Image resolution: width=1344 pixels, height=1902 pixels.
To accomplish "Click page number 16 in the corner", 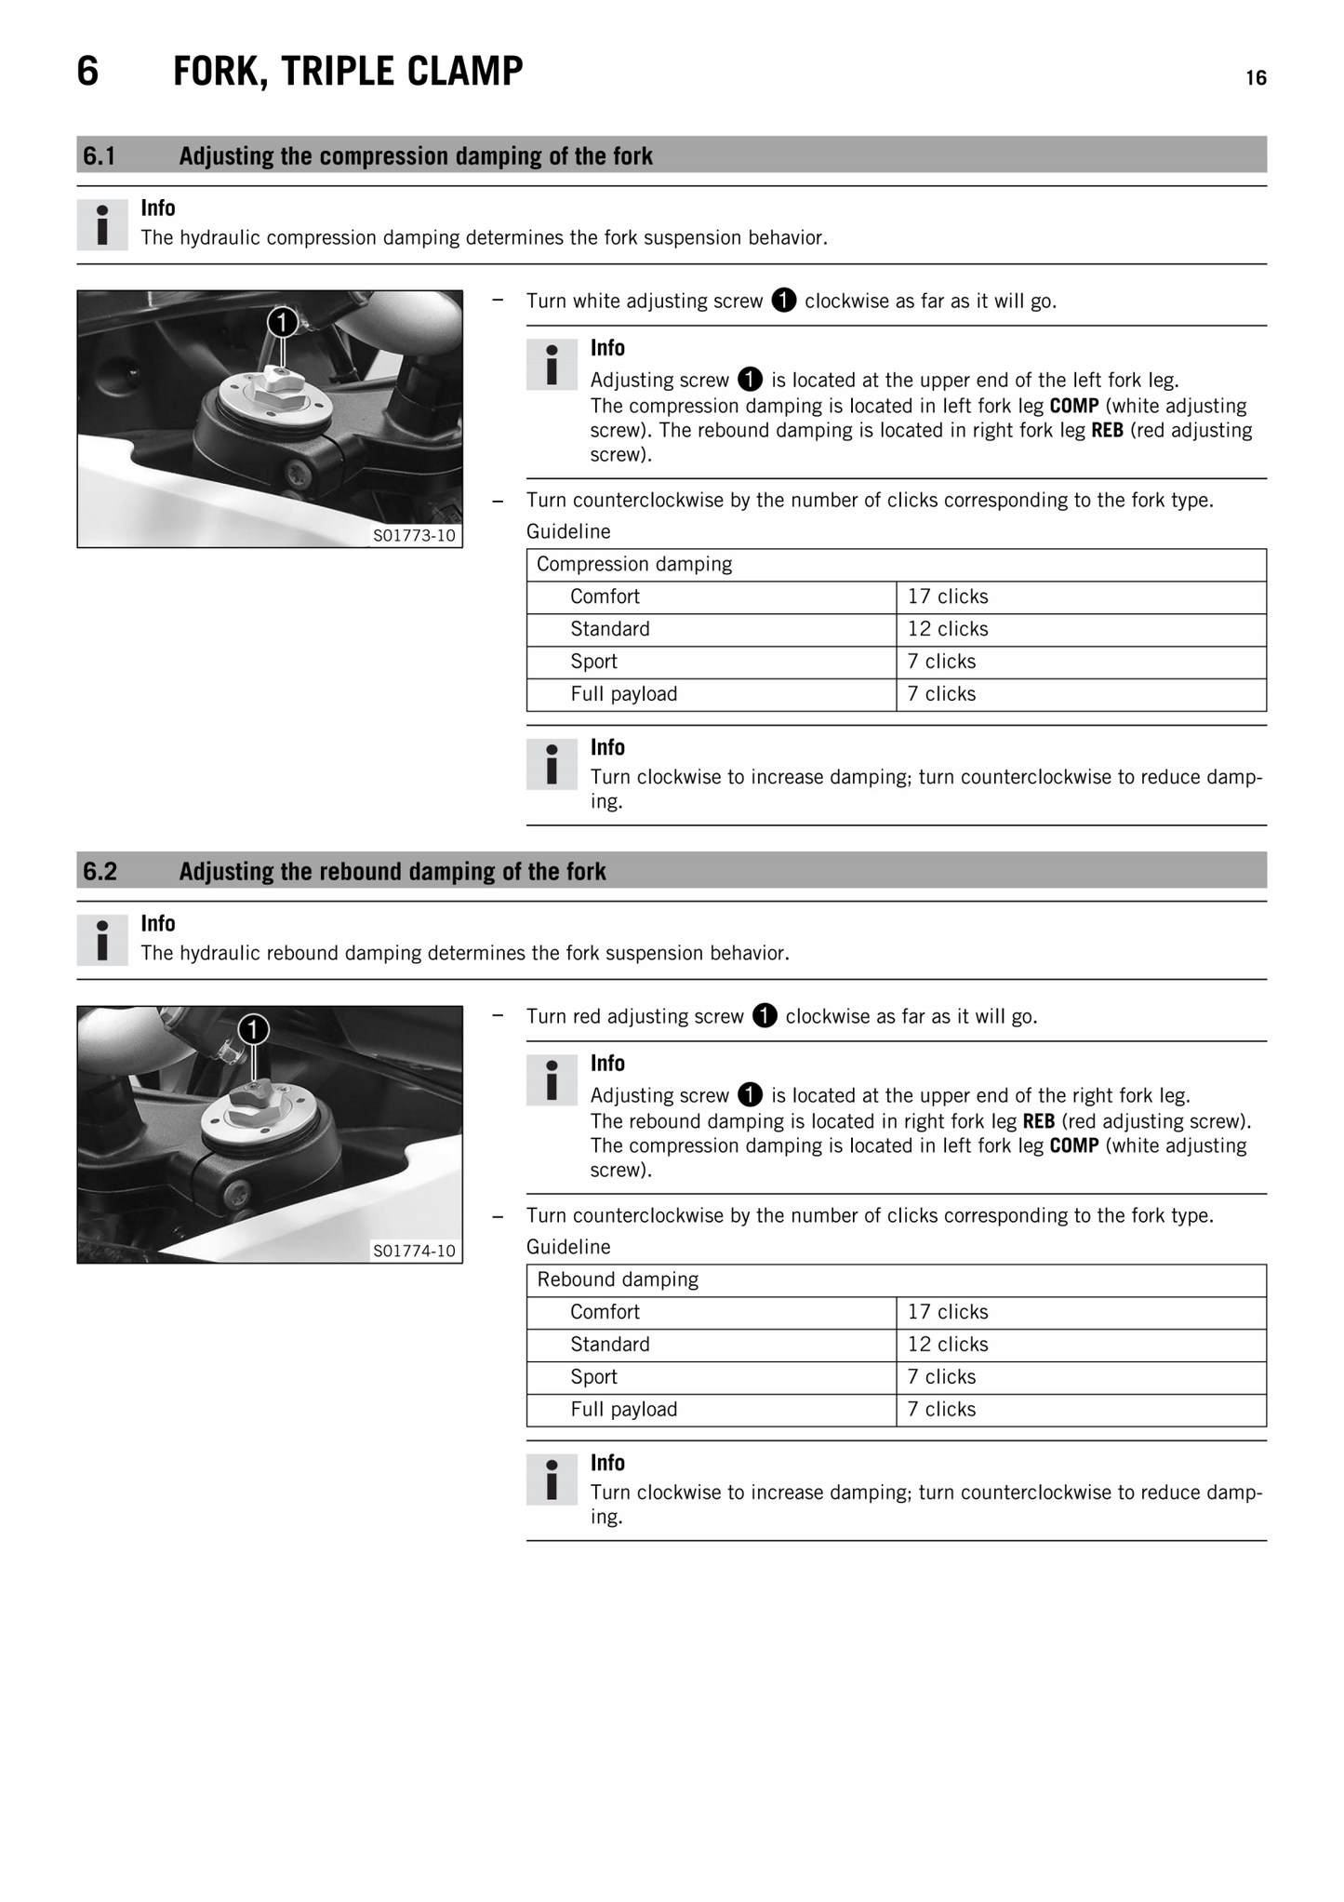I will [1256, 78].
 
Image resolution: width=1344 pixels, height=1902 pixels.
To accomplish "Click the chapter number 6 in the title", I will [87, 72].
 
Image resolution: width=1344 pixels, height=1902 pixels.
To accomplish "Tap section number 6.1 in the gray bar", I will [100, 155].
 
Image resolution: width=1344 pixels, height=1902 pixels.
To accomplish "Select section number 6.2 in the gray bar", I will [100, 871].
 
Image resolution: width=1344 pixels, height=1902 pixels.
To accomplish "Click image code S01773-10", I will [414, 535].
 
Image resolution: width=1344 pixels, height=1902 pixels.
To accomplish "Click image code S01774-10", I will [414, 1251].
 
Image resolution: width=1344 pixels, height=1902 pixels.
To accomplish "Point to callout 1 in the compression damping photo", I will [283, 322].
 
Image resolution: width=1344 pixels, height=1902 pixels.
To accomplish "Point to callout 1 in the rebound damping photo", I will [253, 1029].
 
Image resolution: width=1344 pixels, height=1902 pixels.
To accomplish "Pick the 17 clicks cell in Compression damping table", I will [948, 596].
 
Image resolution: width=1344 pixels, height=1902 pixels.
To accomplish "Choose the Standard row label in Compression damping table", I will [609, 629].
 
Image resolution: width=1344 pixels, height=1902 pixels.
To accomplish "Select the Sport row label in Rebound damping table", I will [593, 1376].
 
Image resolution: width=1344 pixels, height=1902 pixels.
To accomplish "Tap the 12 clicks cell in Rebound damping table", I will [948, 1344].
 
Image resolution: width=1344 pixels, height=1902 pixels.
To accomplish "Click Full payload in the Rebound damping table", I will [623, 1409].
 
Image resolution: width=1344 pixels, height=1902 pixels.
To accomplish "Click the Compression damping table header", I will [634, 564].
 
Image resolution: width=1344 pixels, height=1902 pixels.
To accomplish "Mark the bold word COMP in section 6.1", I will [1073, 406].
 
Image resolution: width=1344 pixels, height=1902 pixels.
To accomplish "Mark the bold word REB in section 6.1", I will [1107, 430].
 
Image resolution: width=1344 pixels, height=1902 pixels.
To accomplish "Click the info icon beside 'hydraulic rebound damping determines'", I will [102, 940].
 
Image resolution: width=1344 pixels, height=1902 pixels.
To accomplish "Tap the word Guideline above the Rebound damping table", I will [568, 1247].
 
